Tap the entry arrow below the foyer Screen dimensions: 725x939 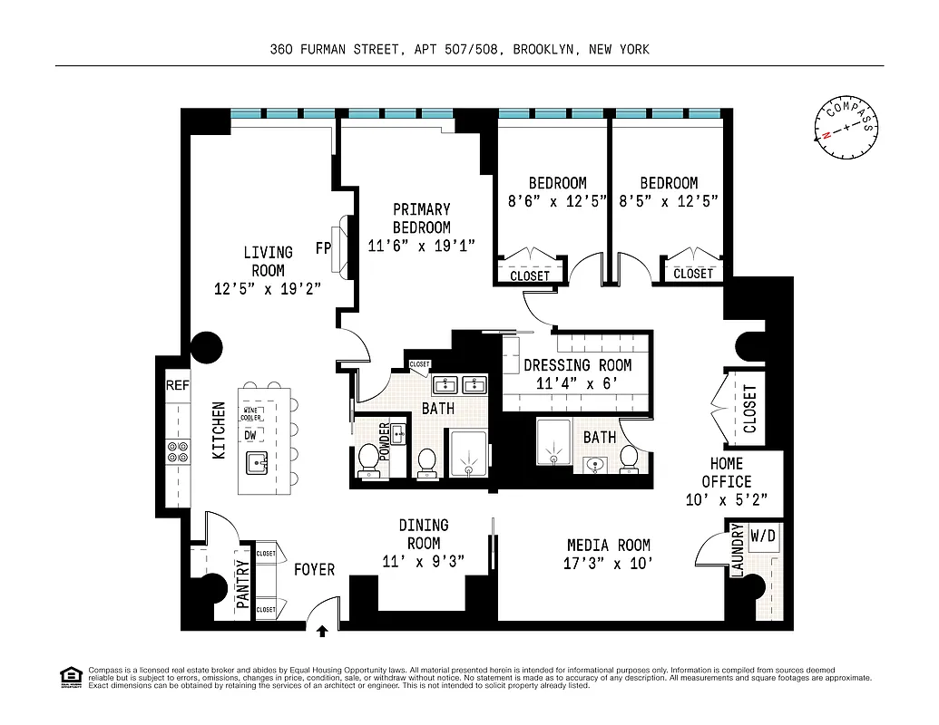tap(322, 625)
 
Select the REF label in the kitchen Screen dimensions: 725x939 tap(176, 386)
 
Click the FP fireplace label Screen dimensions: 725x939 tap(322, 246)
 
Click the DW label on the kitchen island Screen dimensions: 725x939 tap(249, 435)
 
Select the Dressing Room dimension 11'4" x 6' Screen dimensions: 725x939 tap(577, 383)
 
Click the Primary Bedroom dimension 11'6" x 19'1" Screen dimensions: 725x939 tap(421, 246)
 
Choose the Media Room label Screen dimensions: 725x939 tap(608, 545)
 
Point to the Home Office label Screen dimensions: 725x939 tap(727, 472)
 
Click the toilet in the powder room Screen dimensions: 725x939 tap(369, 458)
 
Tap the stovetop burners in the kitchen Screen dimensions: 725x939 tap(176, 451)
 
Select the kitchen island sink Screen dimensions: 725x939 tap(258, 466)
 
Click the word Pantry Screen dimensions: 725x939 tap(242, 588)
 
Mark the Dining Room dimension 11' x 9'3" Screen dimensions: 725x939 tap(423, 562)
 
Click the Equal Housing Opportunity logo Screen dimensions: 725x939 tap(68, 675)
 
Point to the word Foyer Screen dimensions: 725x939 tap(314, 569)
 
